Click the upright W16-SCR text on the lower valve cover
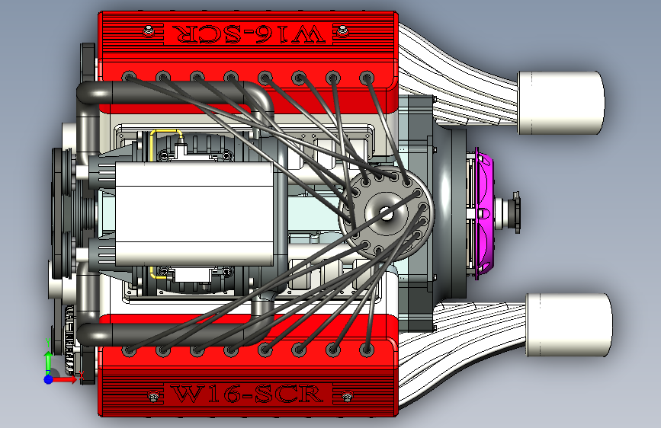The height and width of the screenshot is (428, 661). pyautogui.click(x=248, y=394)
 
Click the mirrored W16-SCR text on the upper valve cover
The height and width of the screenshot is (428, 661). pyautogui.click(x=249, y=34)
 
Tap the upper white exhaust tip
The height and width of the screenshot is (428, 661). pyautogui.click(x=560, y=103)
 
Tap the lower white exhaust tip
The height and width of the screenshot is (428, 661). pyautogui.click(x=569, y=324)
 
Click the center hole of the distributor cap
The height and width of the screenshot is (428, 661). pyautogui.click(x=386, y=213)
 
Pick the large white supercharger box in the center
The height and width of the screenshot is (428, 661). pyautogui.click(x=194, y=213)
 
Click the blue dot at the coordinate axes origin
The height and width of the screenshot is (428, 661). pyautogui.click(x=49, y=379)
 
